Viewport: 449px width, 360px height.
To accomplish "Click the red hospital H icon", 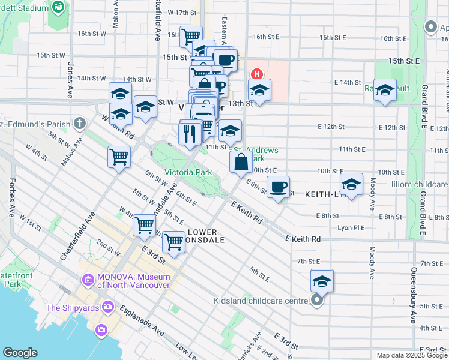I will [256, 74].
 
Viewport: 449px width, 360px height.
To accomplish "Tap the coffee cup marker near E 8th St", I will [277, 187].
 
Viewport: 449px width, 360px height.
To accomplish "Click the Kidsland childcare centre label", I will [269, 301].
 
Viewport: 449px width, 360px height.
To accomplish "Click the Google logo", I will [20, 353].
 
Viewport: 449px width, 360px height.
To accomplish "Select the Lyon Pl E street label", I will [352, 228].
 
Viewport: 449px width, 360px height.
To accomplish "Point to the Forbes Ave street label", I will [11, 197].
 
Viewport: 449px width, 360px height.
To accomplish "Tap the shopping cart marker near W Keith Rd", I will [119, 157].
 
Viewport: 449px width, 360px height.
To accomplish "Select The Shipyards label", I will [73, 308].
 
